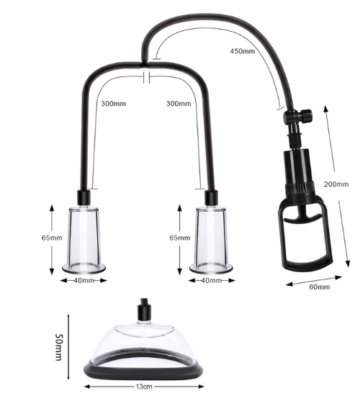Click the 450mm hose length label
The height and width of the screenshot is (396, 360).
pyautogui.click(x=242, y=51)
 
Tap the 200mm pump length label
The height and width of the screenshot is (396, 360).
pyautogui.click(x=336, y=184)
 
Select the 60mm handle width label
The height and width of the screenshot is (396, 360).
pyautogui.click(x=320, y=287)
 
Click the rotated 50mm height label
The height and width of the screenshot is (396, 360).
pyautogui.click(x=58, y=347)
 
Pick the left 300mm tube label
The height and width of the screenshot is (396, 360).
pyautogui.click(x=114, y=104)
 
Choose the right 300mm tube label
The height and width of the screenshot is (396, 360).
pyautogui.click(x=179, y=104)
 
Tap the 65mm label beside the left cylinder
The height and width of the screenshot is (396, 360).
pyautogui.click(x=52, y=238)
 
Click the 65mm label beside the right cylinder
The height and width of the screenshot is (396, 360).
pyautogui.click(x=179, y=238)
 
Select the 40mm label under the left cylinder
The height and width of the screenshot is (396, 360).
pyautogui.click(x=84, y=280)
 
